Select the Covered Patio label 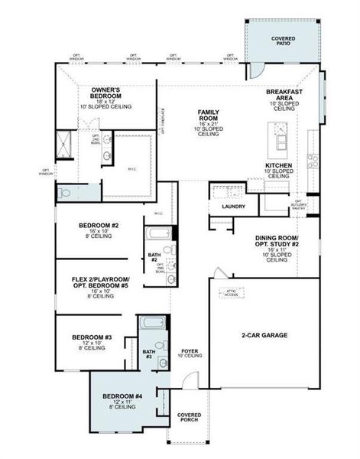coord(284,41)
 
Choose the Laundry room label coord(233,207)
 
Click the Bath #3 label coord(149,353)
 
